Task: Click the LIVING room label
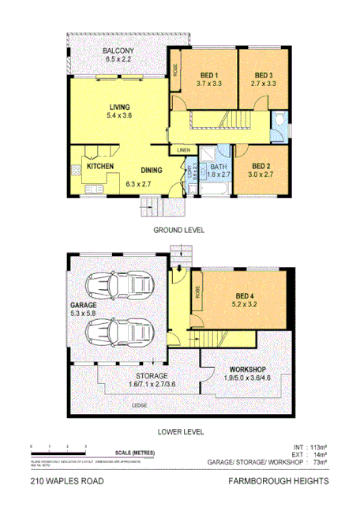(x=120, y=107)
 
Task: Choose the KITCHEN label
(x=101, y=167)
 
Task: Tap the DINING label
(x=152, y=169)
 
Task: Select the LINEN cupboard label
(x=183, y=150)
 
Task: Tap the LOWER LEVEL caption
(x=182, y=432)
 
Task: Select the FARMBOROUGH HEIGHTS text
(x=279, y=481)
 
